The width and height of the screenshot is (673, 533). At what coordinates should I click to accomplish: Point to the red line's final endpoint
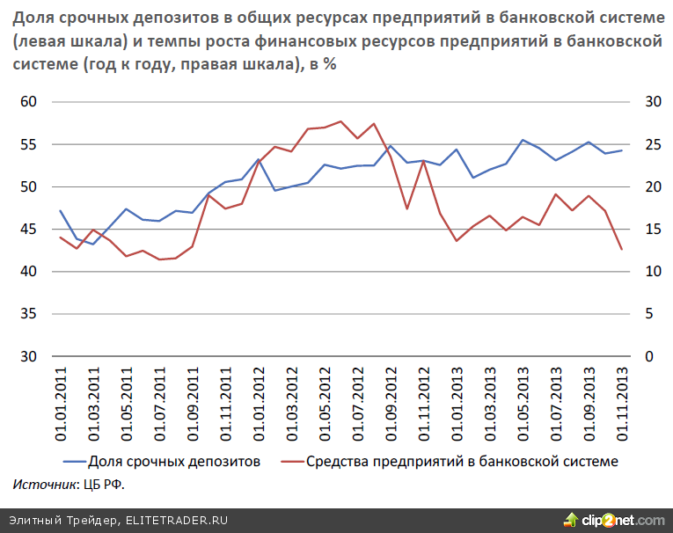(622, 249)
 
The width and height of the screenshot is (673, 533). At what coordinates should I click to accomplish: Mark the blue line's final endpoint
(622, 150)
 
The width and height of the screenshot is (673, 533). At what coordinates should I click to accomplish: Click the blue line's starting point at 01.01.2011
(61, 211)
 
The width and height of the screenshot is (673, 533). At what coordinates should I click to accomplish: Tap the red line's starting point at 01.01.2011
(61, 237)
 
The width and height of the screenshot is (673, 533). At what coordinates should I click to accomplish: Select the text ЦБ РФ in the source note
(99, 484)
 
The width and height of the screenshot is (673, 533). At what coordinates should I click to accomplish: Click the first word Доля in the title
(33, 18)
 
